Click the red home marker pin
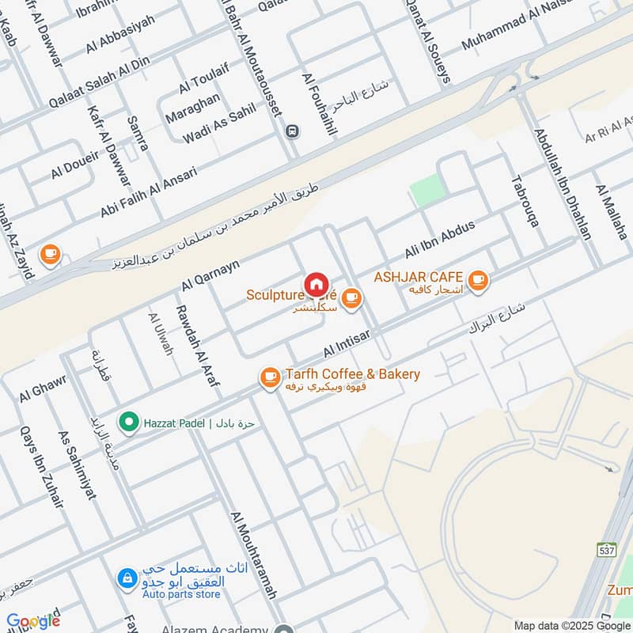pos(316,283)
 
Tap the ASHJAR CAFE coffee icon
pos(477,279)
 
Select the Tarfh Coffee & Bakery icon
pos(270,378)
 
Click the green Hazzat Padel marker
pos(127,423)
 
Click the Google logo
pos(33,620)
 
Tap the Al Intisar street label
pos(346,342)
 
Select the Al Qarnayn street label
pos(210,271)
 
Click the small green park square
pos(427,191)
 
